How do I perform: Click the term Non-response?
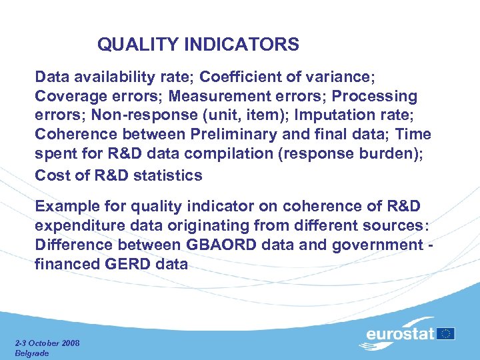pos(133,115)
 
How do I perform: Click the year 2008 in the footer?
pos(69,343)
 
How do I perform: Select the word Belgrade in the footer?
pos(32,353)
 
